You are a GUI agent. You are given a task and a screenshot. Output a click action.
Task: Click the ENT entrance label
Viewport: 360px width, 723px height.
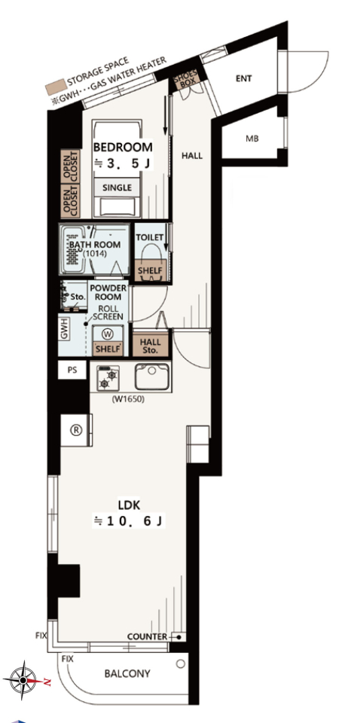tap(243, 78)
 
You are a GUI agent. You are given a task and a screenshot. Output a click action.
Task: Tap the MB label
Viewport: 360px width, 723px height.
tap(252, 139)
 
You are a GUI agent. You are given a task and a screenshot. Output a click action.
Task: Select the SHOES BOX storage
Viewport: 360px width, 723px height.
tap(185, 77)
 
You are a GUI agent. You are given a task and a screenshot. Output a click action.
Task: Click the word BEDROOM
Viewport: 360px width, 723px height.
tap(123, 147)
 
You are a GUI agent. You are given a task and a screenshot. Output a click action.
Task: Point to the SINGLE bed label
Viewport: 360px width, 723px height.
tap(117, 188)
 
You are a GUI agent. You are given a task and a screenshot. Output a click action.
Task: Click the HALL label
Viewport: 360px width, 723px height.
tap(192, 156)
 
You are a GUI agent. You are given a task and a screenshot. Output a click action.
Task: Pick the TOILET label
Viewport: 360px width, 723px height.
tap(149, 238)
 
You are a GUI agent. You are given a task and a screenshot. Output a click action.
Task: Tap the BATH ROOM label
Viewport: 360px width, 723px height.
tap(95, 244)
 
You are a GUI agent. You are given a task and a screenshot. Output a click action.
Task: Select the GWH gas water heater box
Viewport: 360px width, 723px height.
tap(63, 328)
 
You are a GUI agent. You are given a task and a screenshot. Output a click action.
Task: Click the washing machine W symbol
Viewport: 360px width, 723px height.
tap(108, 333)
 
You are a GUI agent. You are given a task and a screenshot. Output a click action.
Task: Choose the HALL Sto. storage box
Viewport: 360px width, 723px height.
tap(151, 346)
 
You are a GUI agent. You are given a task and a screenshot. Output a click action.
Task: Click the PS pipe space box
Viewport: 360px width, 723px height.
tap(72, 370)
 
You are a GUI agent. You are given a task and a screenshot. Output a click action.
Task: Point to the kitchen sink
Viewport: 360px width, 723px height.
tap(151, 377)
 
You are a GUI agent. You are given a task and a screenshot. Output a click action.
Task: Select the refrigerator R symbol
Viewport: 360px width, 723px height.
tap(76, 430)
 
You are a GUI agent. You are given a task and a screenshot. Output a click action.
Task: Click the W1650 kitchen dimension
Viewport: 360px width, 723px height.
tap(128, 400)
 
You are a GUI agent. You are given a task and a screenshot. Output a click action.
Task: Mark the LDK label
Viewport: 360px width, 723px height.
tap(129, 504)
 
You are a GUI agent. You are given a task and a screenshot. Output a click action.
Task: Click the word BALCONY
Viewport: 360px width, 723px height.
tap(127, 673)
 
